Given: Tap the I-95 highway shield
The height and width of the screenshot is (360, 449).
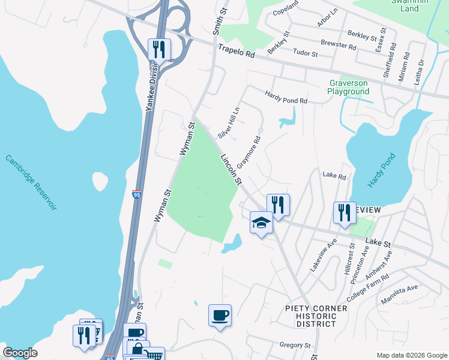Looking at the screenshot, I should coord(137,195).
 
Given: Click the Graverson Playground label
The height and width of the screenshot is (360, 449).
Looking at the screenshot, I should coord(348,87).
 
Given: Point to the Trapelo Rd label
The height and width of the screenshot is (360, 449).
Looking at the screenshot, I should coord(237,53).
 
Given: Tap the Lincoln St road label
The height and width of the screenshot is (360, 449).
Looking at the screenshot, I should coord(231,170).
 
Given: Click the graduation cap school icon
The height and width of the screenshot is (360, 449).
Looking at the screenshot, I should coord(261,223).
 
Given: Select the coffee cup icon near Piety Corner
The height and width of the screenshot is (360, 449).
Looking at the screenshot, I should coord(220,314).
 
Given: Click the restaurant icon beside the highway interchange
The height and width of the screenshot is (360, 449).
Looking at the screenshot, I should coord(159,49).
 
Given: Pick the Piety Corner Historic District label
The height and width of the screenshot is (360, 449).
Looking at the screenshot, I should coord(316,316).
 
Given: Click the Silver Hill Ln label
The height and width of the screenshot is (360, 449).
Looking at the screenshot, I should coord(229,123).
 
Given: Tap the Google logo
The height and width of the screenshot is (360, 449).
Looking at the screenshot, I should coord(20,353).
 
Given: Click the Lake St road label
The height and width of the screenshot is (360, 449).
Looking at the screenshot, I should coord(378,244).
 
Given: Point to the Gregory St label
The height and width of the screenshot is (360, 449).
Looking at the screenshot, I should coord(295,346).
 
